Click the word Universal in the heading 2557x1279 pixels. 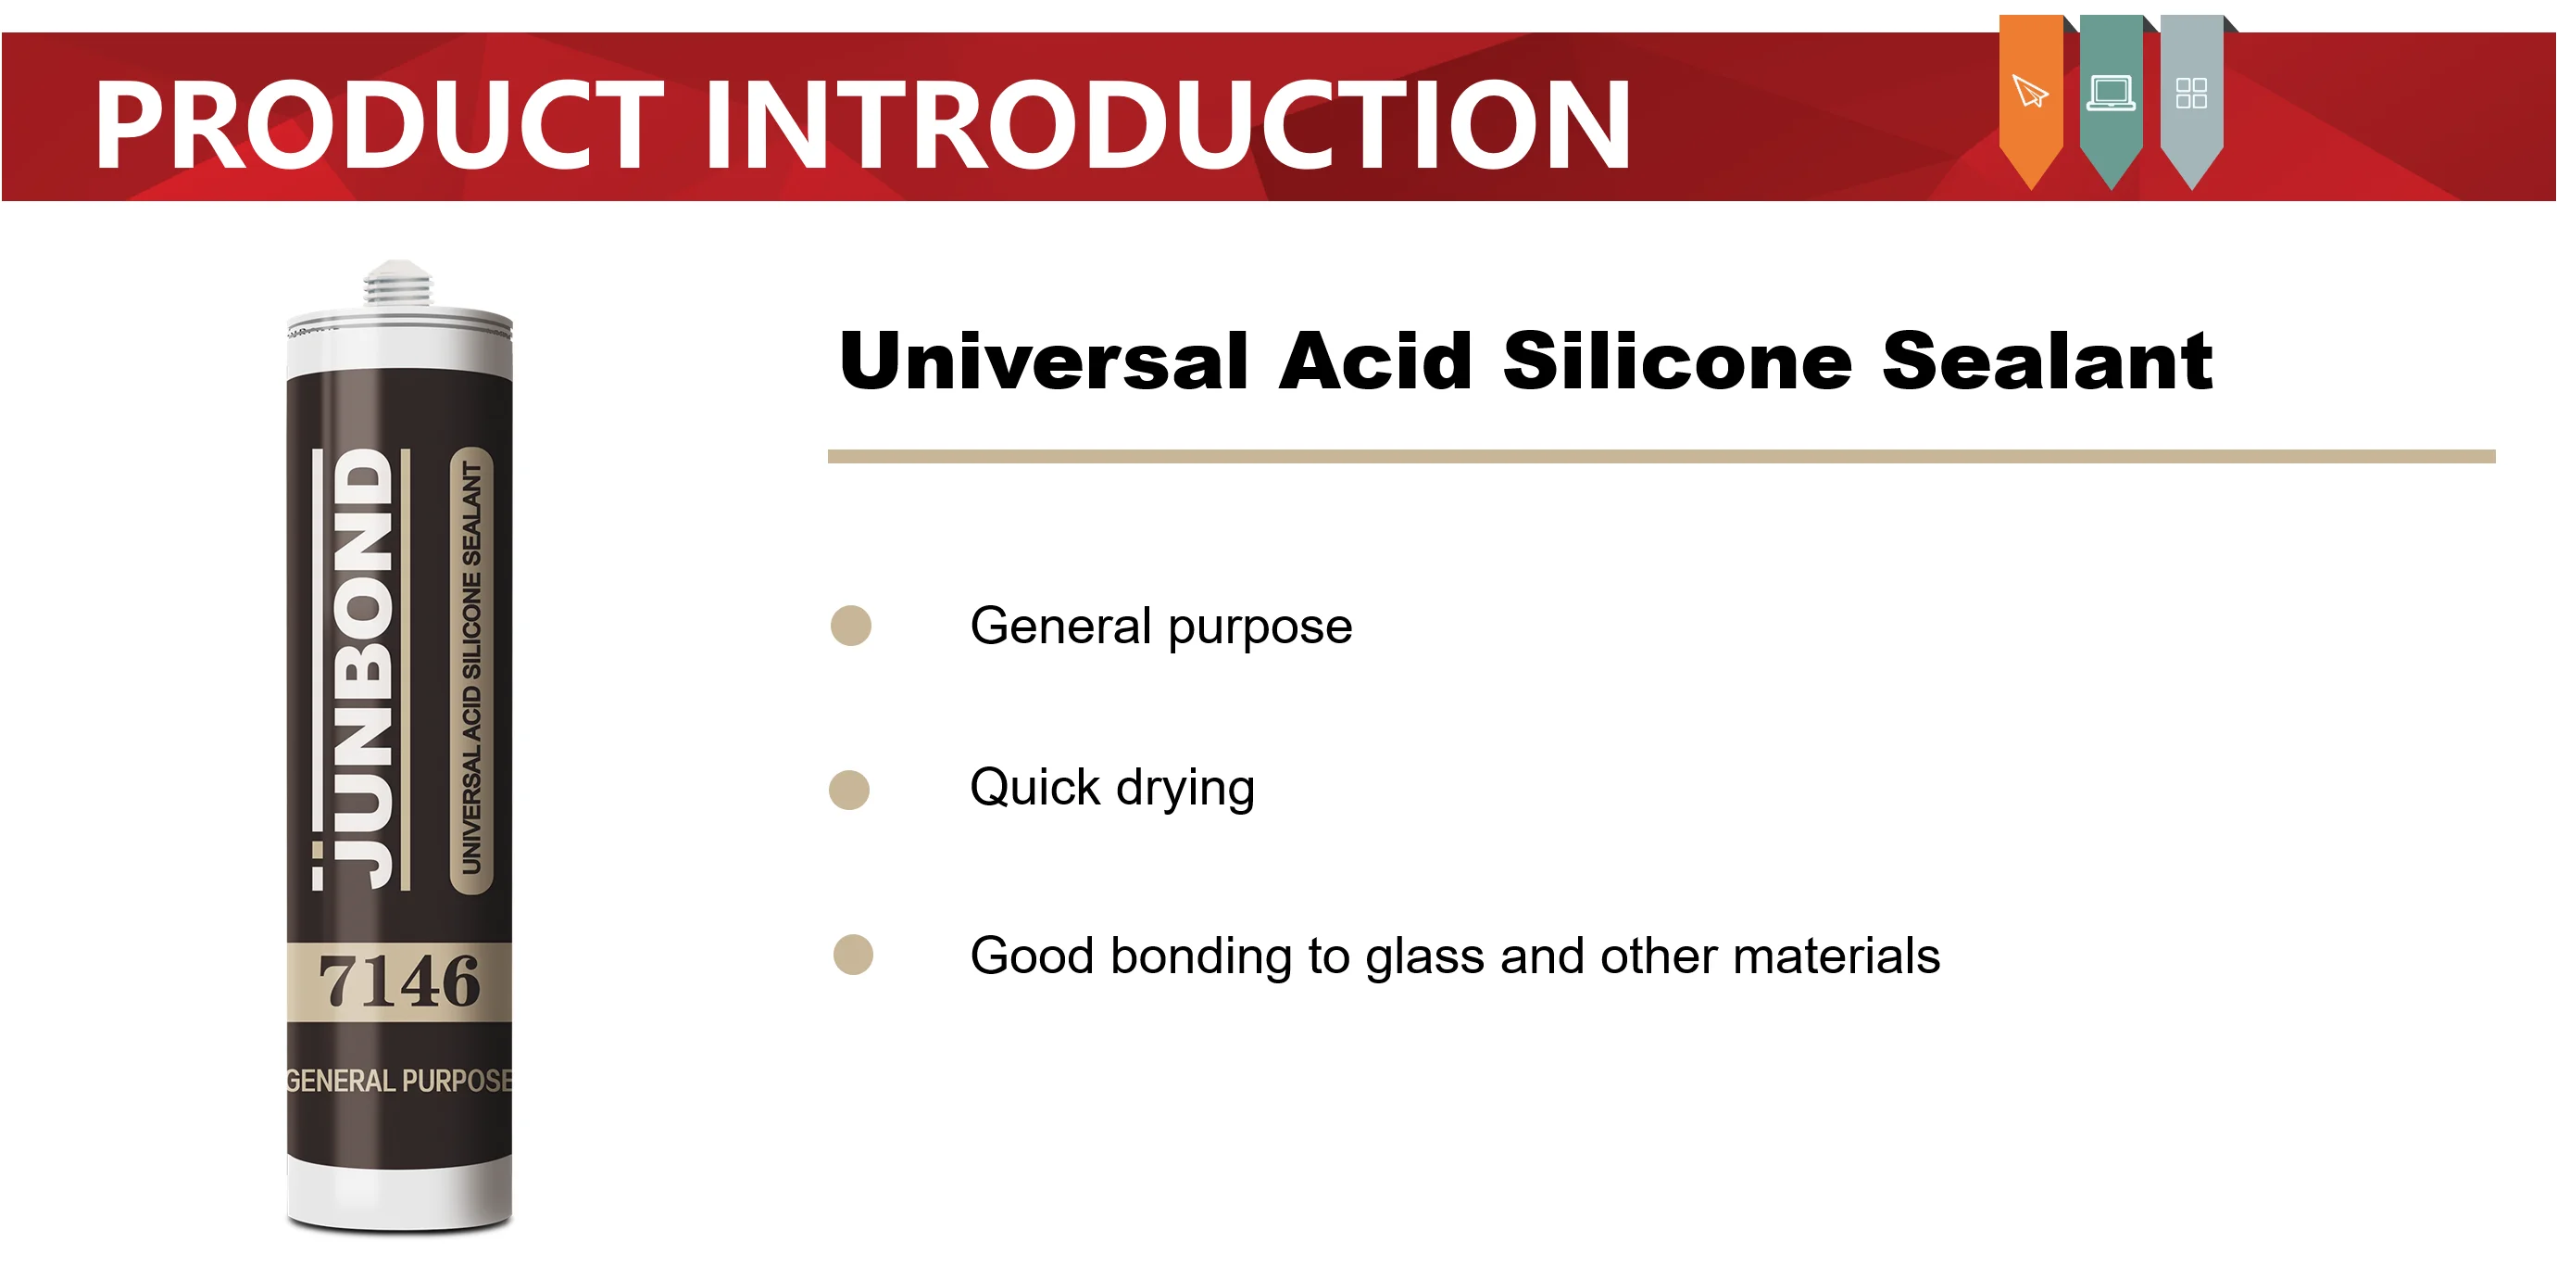click(x=1042, y=361)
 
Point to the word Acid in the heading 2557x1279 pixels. click(x=1374, y=361)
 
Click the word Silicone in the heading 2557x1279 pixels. click(x=1676, y=361)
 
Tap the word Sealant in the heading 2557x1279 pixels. click(x=2047, y=361)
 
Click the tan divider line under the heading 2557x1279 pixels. click(x=1661, y=457)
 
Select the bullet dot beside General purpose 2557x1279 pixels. click(x=851, y=626)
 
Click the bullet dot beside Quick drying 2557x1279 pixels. click(x=848, y=791)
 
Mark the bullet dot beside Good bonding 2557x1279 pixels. click(x=853, y=956)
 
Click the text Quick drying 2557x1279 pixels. click(x=1111, y=789)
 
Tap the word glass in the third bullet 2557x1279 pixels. click(x=1425, y=957)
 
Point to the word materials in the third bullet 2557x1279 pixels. click(x=1836, y=956)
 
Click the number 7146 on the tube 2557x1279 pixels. click(x=399, y=982)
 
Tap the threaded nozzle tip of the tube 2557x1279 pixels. click(x=398, y=283)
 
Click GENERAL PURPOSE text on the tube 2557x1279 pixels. click(x=399, y=1081)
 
